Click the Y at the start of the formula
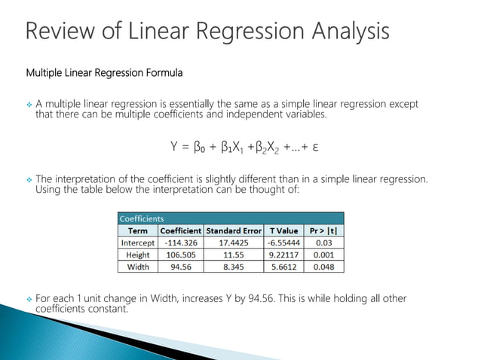tap(174, 145)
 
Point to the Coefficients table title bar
tap(231, 218)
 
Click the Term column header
tap(138, 230)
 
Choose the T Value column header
tap(283, 230)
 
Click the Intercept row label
tap(138, 243)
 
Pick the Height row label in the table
tap(138, 255)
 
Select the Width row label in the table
tap(138, 266)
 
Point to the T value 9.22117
tap(283, 255)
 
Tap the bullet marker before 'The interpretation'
tap(30, 179)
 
